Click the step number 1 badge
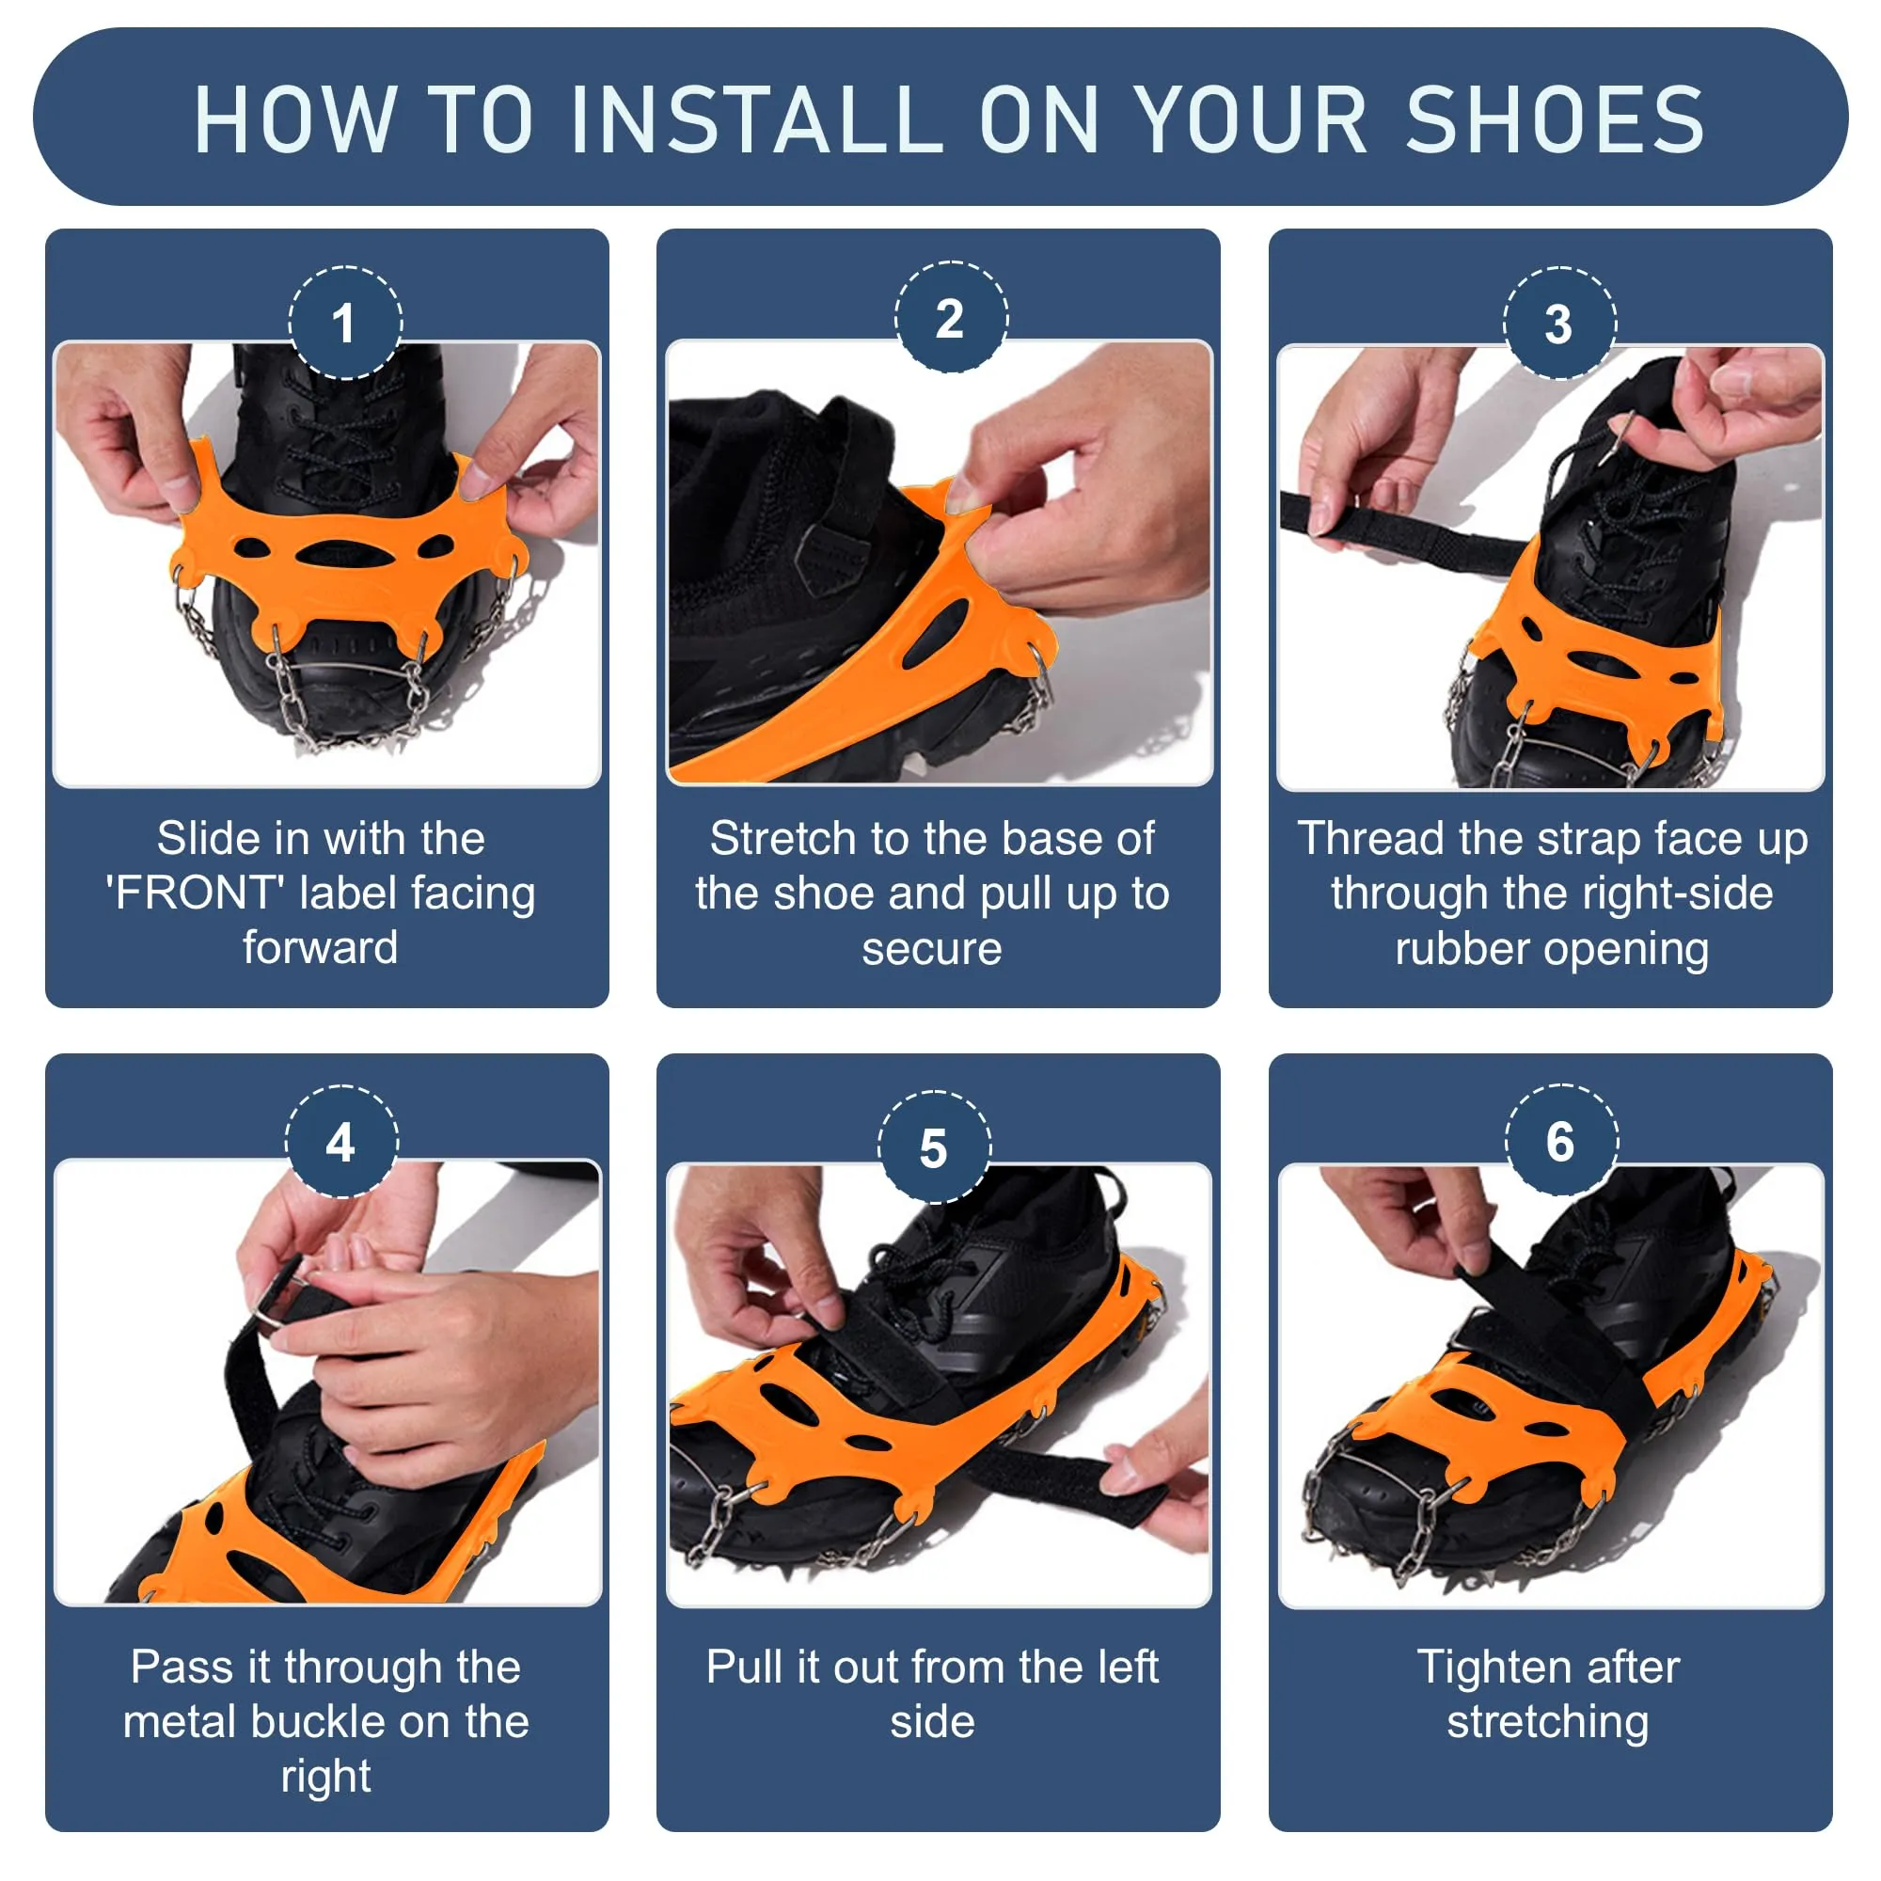tap(344, 323)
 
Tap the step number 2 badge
tap(950, 317)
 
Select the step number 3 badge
tap(1558, 324)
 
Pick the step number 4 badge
tap(340, 1141)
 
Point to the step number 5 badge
tap(934, 1146)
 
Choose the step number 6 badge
tap(1560, 1140)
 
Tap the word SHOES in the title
tap(1555, 119)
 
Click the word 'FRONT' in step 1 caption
tap(195, 893)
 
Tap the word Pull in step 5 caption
tap(744, 1667)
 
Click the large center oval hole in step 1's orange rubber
tap(345, 557)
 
